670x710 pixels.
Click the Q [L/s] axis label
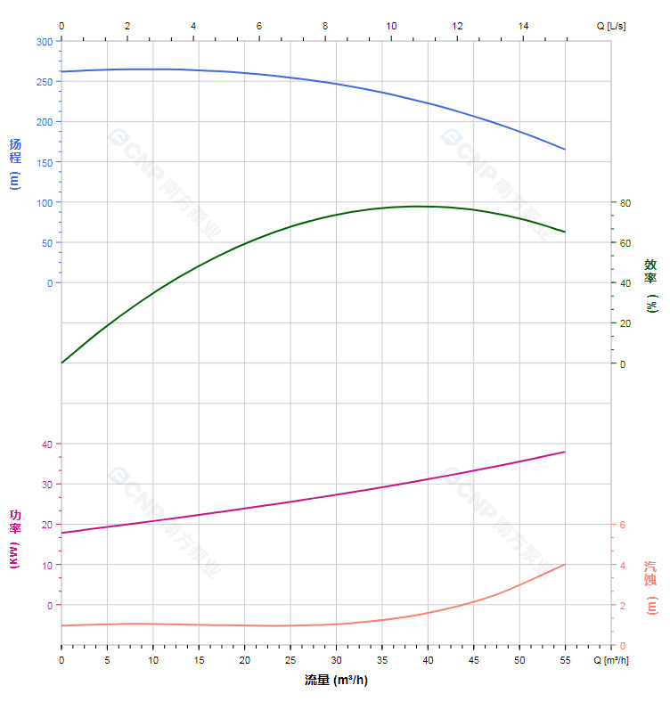(611, 26)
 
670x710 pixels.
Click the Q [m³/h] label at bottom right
(611, 660)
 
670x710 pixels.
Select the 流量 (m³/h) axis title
(336, 681)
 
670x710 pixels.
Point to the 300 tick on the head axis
(44, 41)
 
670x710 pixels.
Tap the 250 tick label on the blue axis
(44, 81)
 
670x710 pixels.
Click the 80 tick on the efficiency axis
(625, 203)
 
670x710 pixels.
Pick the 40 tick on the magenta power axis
(46, 444)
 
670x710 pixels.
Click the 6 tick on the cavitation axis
(623, 525)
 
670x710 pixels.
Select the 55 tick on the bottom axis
(565, 660)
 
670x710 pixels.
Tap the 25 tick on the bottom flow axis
(290, 660)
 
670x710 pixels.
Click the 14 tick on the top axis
(523, 26)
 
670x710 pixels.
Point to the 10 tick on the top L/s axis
(391, 26)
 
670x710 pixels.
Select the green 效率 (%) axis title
(651, 284)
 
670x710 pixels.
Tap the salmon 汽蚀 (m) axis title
(651, 587)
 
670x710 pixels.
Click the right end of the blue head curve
(565, 149)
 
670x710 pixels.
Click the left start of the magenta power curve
(61, 533)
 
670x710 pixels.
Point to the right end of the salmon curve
(565, 564)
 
